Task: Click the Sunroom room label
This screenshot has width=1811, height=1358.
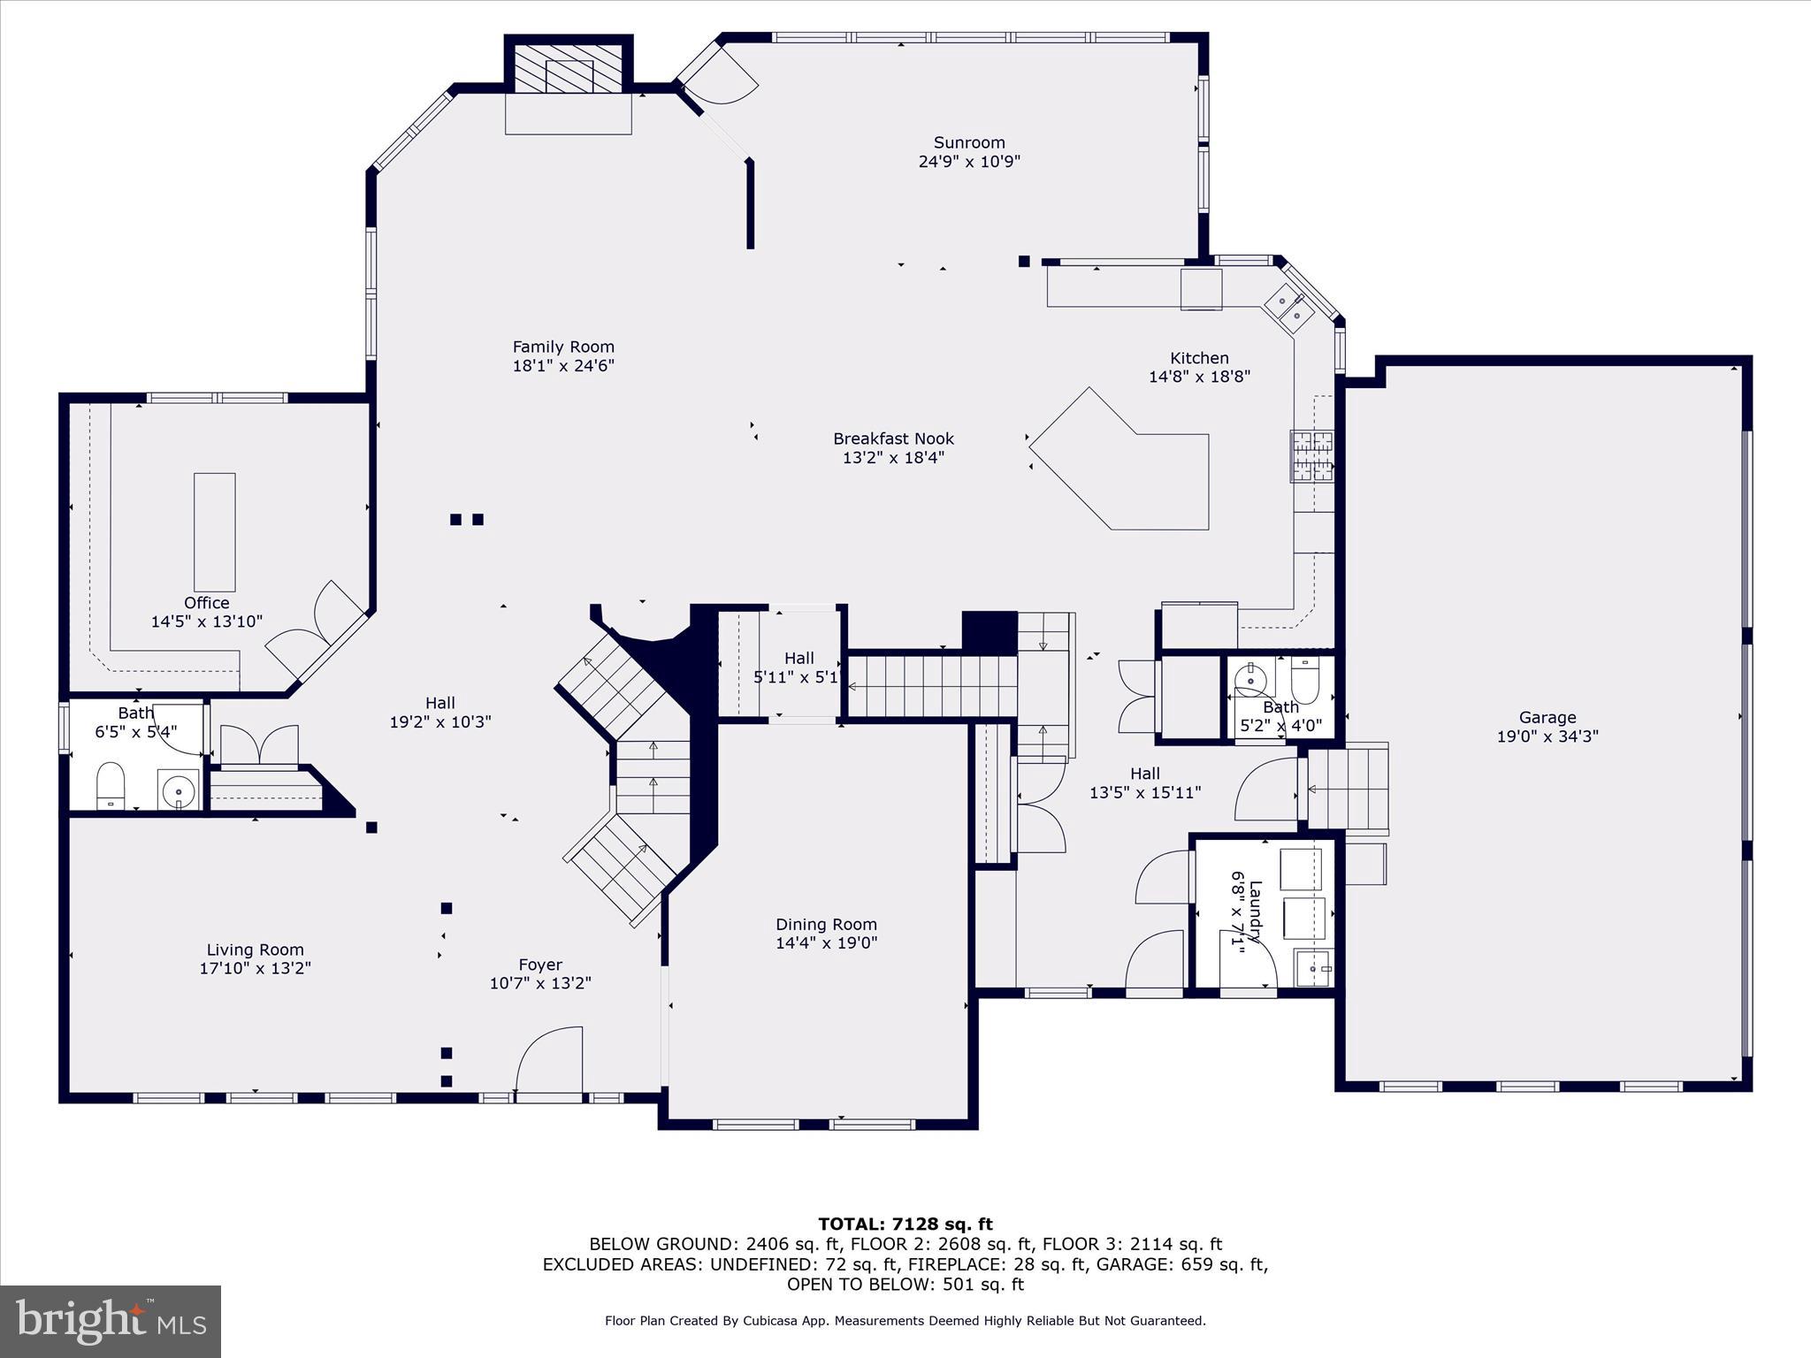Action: pos(969,142)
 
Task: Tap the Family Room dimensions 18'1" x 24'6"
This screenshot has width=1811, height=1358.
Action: pos(563,365)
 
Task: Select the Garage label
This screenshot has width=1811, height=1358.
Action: pos(1547,717)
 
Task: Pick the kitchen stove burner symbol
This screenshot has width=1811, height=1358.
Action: pos(1312,455)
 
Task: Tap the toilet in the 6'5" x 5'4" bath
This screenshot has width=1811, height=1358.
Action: pos(110,785)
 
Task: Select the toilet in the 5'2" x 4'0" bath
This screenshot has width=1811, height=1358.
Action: pos(1305,679)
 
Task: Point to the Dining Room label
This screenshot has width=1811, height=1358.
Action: pos(826,924)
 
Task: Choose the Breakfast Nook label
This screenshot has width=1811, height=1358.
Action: pos(893,439)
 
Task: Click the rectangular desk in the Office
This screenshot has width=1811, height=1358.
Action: pos(215,532)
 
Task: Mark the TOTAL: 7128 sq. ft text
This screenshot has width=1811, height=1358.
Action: pos(905,1224)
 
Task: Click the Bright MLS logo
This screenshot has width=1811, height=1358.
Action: pos(111,1322)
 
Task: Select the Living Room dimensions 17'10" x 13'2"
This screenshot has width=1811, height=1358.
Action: pos(255,968)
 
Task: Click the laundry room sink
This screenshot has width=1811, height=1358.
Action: pos(1315,967)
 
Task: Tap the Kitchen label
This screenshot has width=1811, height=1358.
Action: pos(1199,358)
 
